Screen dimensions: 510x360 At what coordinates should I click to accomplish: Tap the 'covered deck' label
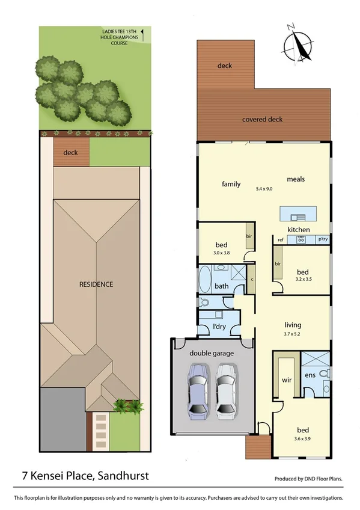(x=262, y=119)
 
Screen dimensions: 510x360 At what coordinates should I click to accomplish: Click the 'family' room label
(x=231, y=183)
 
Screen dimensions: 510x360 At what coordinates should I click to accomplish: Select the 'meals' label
(x=296, y=179)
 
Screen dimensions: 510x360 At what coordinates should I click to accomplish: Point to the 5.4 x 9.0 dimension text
(x=264, y=189)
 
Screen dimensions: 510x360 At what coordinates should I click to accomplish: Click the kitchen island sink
(x=296, y=218)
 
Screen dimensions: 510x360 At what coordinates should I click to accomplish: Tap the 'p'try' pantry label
(x=323, y=240)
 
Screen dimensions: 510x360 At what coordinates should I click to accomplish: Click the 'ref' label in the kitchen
(x=280, y=240)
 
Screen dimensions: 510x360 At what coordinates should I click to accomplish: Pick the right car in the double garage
(x=225, y=391)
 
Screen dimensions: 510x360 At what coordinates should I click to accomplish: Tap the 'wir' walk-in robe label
(x=286, y=381)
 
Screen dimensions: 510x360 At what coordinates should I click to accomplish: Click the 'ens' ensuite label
(x=311, y=376)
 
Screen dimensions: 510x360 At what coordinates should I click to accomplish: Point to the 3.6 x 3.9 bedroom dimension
(x=303, y=439)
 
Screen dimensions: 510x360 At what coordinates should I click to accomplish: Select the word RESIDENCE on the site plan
(x=96, y=284)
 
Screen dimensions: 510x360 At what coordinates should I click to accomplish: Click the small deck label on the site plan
(x=71, y=153)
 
